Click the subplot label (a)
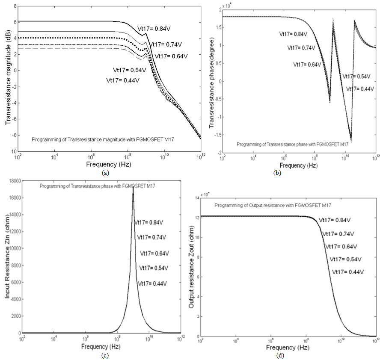coord(105,173)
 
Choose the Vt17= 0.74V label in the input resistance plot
coord(152,237)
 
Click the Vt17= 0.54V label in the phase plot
coord(356,76)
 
